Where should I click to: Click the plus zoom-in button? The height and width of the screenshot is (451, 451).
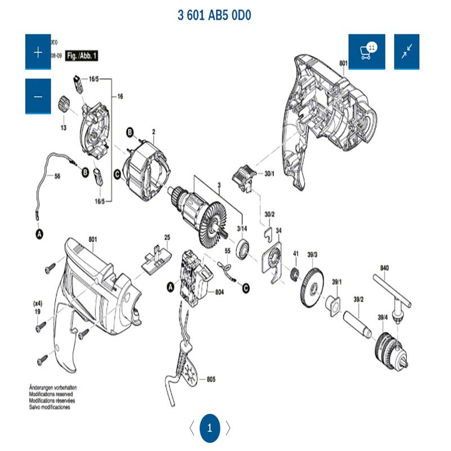click(x=38, y=52)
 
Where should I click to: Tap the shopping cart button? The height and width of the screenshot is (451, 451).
click(x=366, y=52)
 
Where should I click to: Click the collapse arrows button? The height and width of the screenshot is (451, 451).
click(x=406, y=52)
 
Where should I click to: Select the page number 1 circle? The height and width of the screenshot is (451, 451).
click(x=210, y=428)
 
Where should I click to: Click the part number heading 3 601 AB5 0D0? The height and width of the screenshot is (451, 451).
click(x=214, y=15)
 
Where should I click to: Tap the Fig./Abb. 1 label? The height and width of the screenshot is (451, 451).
click(x=82, y=56)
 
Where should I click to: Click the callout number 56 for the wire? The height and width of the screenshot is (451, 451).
click(x=56, y=176)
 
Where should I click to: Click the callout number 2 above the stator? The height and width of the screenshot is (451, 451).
click(x=153, y=132)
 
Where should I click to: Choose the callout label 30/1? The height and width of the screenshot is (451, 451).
click(x=269, y=174)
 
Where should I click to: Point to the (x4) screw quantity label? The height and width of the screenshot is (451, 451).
click(x=38, y=303)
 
